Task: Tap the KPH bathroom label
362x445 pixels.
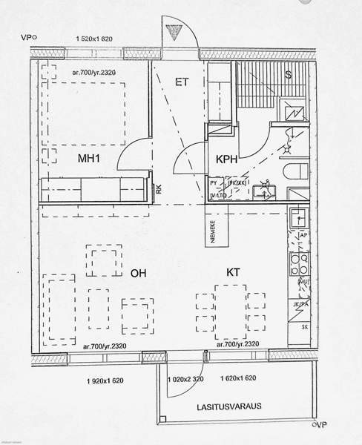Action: click(x=227, y=159)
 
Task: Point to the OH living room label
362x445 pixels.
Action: click(x=139, y=274)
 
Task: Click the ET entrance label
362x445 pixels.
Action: click(x=180, y=82)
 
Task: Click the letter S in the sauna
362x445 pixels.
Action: click(x=288, y=76)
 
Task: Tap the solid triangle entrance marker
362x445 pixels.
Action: click(x=176, y=31)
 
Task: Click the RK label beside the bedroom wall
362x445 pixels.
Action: click(x=159, y=191)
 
